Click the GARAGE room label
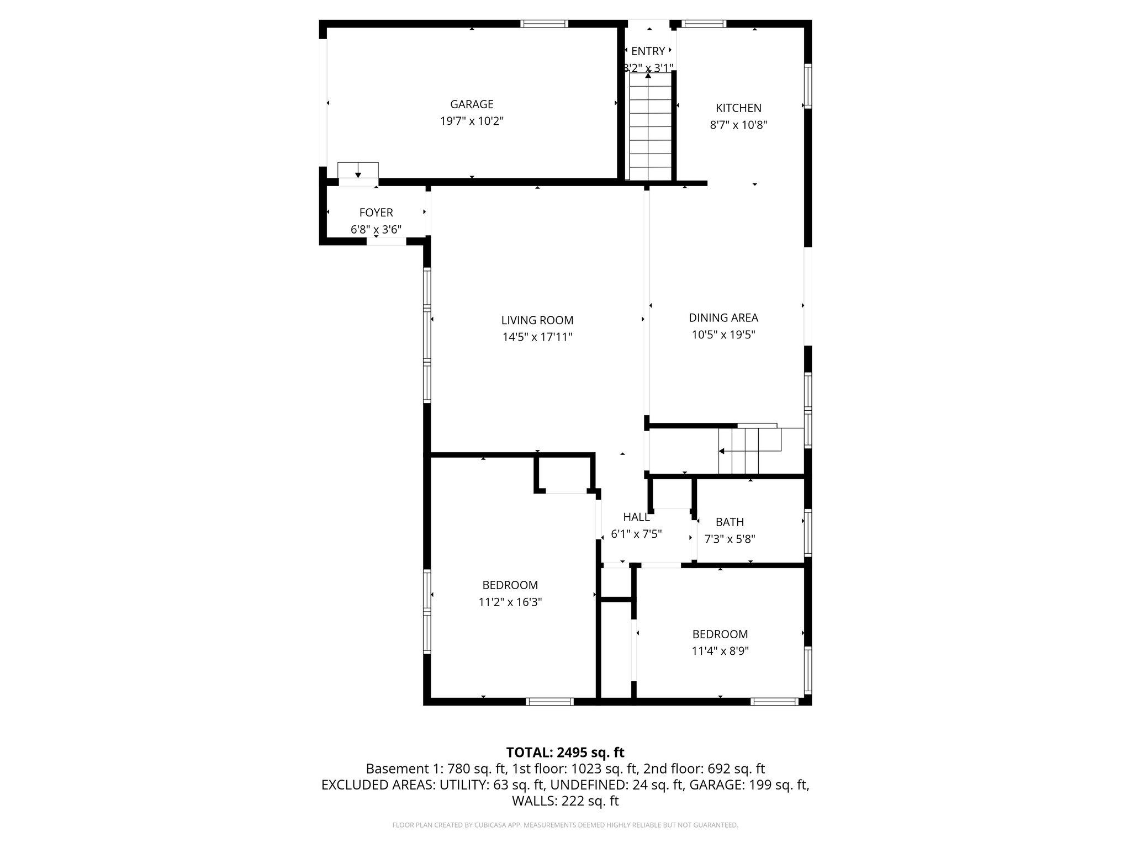click(472, 104)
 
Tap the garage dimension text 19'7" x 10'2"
click(472, 121)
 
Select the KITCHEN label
click(738, 108)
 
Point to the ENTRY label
click(648, 51)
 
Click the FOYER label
click(376, 213)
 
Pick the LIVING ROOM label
click(537, 320)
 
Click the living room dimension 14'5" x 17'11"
click(537, 337)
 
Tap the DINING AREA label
click(723, 317)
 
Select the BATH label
click(730, 522)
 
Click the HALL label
click(636, 517)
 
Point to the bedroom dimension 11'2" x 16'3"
click(510, 602)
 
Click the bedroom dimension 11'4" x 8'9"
click(720, 651)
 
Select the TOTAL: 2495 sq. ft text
click(565, 752)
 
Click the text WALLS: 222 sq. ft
click(565, 801)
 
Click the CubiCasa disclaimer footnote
click(565, 825)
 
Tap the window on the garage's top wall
click(545, 24)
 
